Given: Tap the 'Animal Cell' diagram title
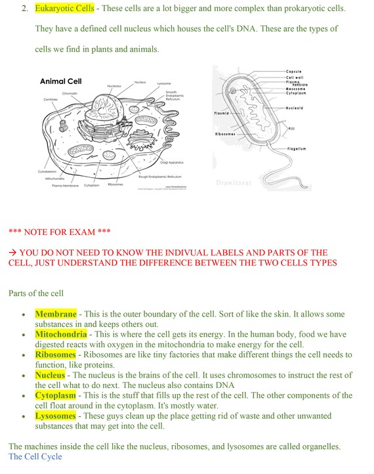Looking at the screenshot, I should (60, 81).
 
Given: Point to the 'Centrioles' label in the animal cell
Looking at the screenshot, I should (51, 99).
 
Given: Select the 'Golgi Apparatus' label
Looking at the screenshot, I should (172, 162).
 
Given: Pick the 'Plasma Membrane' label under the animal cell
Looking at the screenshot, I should (66, 186).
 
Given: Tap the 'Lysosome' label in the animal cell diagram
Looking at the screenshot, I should (164, 83).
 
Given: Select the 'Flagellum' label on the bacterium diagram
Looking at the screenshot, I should (297, 149).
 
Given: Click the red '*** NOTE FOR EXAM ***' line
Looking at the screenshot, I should (60, 232).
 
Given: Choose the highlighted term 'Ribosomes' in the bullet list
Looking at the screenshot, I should (56, 355).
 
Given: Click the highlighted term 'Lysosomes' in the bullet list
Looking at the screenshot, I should (57, 416).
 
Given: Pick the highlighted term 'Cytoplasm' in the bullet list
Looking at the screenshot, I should (56, 396).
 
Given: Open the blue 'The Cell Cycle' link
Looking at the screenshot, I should (35, 456).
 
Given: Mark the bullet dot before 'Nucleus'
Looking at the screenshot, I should (24, 376).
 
